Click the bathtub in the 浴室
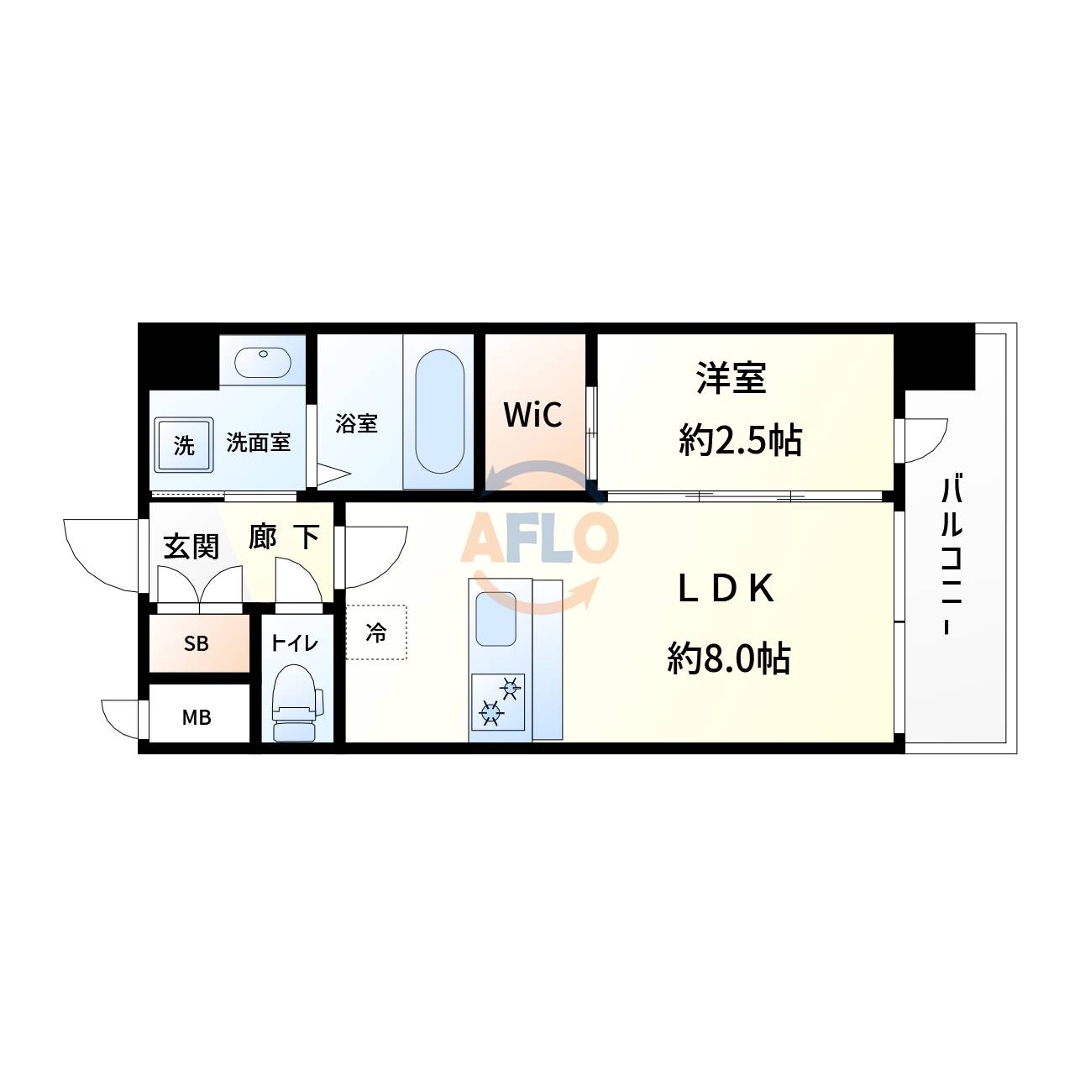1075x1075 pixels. [439, 412]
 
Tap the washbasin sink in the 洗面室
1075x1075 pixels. [263, 362]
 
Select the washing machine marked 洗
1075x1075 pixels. [183, 445]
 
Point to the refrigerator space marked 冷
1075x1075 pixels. [376, 632]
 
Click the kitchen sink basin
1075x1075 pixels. [496, 618]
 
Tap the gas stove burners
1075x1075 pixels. [498, 700]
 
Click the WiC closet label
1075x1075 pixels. [532, 414]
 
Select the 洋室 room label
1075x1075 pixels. [732, 378]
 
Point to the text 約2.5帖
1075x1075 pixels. [740, 439]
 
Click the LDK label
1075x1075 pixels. [726, 590]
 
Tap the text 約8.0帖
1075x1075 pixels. [729, 658]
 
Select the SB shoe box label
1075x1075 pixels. [197, 644]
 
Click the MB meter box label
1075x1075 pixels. [197, 718]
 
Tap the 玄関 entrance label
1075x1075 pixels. [191, 547]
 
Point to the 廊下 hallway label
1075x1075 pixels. [284, 537]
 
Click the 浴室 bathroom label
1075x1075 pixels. [356, 423]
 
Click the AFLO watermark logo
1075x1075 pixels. [539, 537]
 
